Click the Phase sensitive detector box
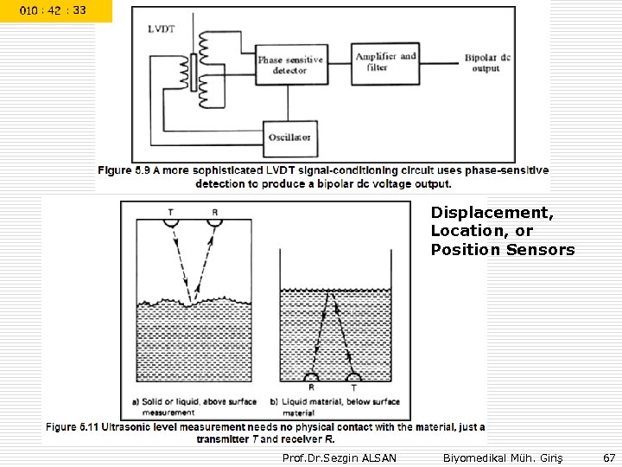pyautogui.click(x=290, y=66)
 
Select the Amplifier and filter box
pyautogui.click(x=385, y=62)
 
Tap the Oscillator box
pyautogui.click(x=290, y=137)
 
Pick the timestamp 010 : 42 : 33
pyautogui.click(x=55, y=10)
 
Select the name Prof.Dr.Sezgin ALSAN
pyautogui.click(x=340, y=457)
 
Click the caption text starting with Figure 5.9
pyautogui.click(x=322, y=177)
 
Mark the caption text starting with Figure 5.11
pyautogui.click(x=265, y=432)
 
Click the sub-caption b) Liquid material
pyautogui.click(x=335, y=406)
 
